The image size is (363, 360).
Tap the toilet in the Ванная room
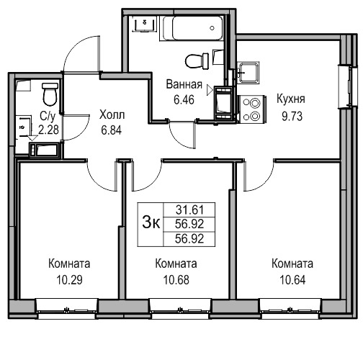(197, 61)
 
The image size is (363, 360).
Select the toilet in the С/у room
(50, 94)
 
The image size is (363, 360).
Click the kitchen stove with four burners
(251, 109)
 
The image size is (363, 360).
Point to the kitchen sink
(248, 72)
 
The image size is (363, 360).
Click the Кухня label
(291, 99)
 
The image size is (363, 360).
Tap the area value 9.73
(292, 117)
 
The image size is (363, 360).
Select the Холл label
(112, 114)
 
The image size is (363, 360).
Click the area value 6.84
(111, 130)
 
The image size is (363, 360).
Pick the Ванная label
(184, 84)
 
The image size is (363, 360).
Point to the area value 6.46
(184, 100)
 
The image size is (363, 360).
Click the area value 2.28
(48, 130)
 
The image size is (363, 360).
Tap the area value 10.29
(69, 280)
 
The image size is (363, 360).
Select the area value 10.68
(176, 280)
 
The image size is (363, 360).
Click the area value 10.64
(292, 280)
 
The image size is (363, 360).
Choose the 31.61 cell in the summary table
(189, 210)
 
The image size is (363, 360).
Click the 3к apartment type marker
(151, 222)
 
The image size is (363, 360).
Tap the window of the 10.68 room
(180, 309)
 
